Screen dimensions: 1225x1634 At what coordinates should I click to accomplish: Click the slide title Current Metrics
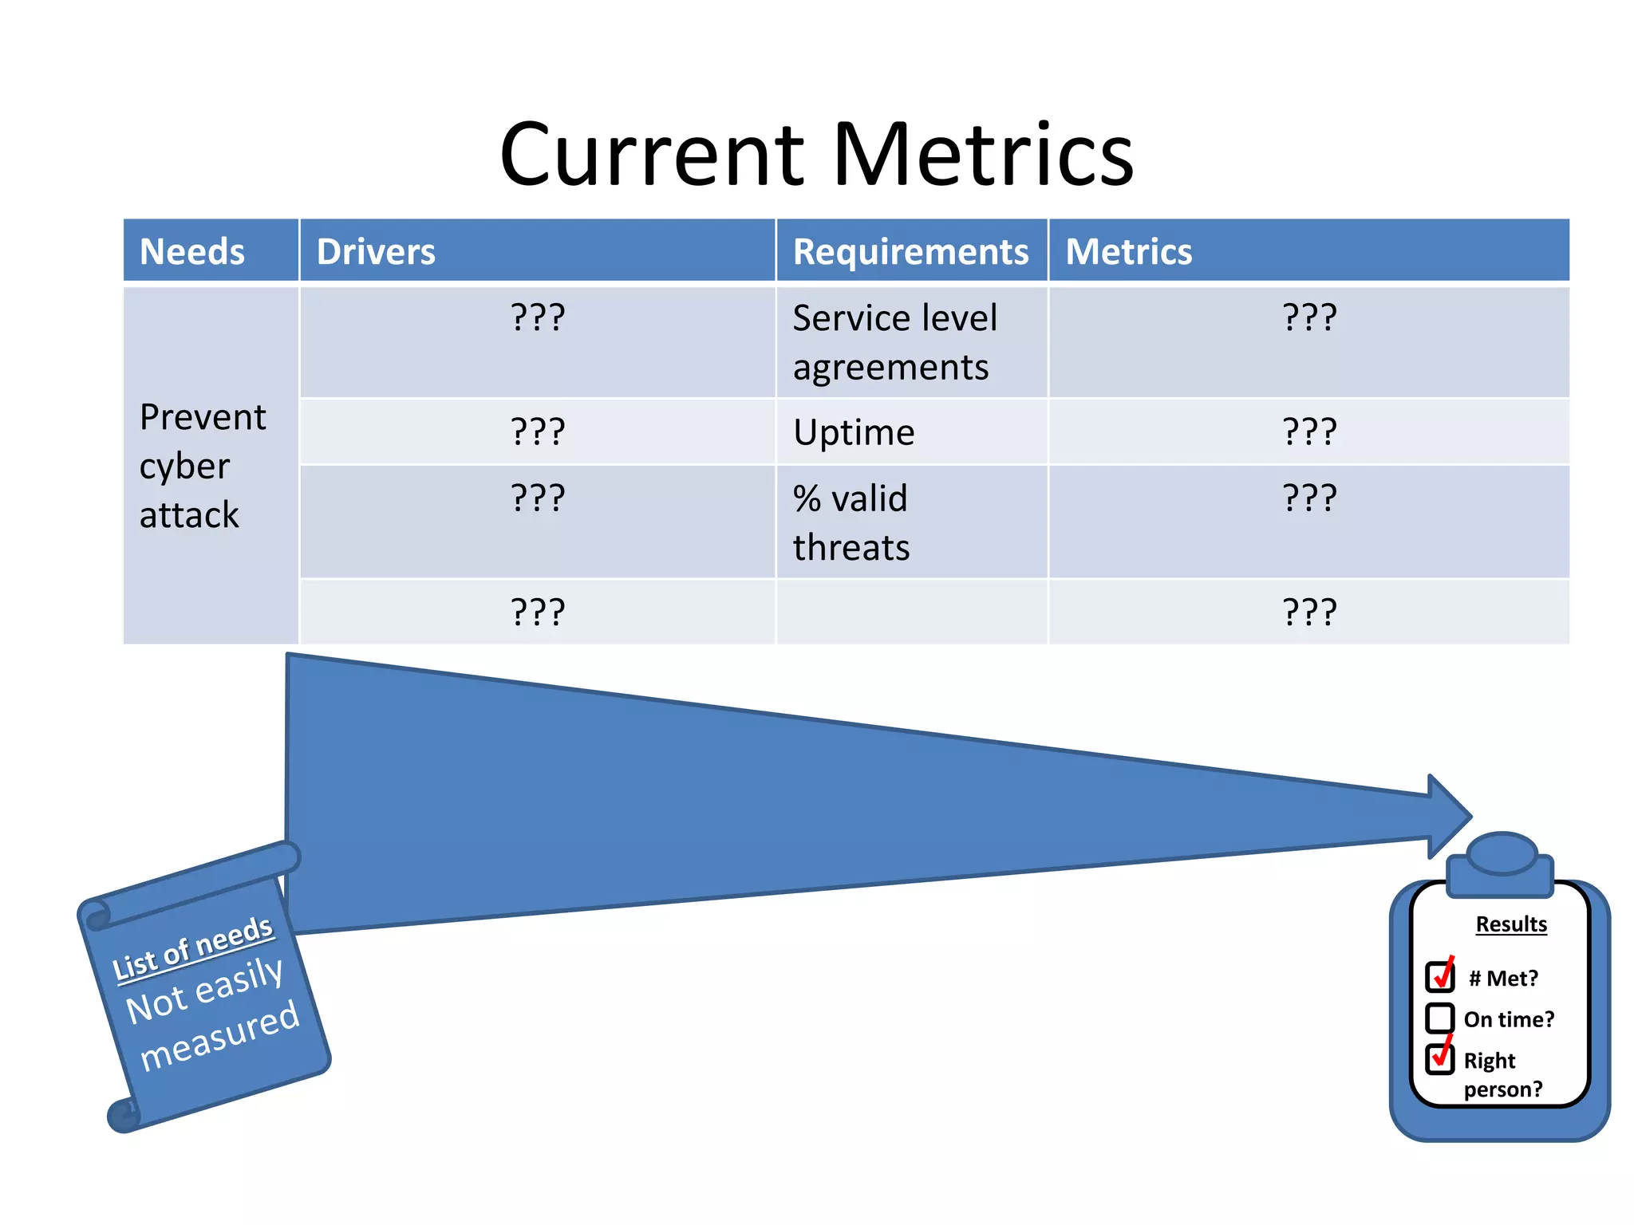[816, 153]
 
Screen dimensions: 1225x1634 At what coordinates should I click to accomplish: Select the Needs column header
[192, 251]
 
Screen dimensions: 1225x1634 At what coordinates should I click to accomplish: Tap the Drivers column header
[376, 251]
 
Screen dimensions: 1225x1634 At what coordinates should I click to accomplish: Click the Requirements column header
[910, 251]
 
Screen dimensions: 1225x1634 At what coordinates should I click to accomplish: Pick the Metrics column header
[1128, 251]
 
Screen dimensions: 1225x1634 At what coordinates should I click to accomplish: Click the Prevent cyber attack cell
[202, 466]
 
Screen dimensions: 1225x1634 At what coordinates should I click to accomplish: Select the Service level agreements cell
[894, 342]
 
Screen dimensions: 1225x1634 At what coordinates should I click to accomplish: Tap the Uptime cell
[854, 432]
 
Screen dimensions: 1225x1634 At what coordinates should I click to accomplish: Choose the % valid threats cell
[851, 522]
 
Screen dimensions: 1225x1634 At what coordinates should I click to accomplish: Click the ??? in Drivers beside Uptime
[538, 432]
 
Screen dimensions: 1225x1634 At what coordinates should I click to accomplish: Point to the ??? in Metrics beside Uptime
[1309, 432]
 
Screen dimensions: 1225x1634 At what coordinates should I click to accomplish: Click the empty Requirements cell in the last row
[911, 612]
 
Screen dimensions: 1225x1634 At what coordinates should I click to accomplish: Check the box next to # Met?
[1440, 975]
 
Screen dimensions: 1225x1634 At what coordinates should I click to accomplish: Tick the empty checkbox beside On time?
[1440, 1018]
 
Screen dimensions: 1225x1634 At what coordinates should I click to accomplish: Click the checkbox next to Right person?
[1440, 1058]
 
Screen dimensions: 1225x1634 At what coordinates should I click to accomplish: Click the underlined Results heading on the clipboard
[1511, 924]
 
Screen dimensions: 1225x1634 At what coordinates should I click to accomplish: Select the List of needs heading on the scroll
[192, 947]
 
